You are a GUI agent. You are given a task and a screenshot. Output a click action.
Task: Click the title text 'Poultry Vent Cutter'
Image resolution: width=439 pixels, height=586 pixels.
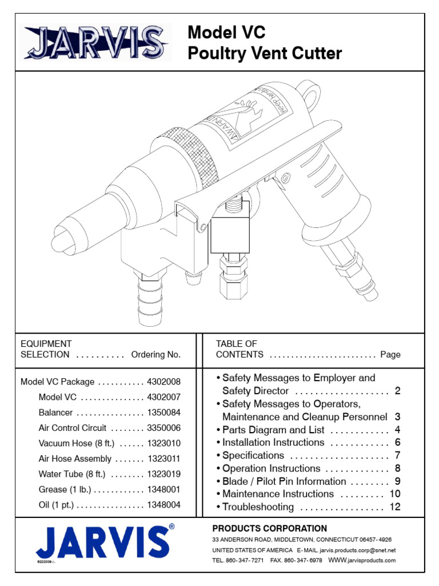point(265,54)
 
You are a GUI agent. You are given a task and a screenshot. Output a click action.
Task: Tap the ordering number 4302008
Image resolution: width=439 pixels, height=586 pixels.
point(163,382)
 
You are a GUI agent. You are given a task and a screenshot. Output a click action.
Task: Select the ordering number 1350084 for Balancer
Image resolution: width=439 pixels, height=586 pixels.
point(163,413)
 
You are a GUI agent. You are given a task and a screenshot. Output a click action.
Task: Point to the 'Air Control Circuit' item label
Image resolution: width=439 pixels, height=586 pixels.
point(73,427)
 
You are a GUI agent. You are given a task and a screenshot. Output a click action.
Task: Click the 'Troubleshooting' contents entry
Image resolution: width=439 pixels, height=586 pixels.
point(258,507)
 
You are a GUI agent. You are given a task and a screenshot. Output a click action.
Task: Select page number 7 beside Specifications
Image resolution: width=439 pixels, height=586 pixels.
point(397,456)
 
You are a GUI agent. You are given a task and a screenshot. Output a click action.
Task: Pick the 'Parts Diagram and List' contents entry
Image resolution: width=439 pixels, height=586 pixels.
point(273,430)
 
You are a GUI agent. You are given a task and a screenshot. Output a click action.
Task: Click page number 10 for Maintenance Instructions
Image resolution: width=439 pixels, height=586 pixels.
point(395,494)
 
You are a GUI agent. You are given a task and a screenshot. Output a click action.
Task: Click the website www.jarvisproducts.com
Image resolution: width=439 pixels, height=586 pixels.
point(361,560)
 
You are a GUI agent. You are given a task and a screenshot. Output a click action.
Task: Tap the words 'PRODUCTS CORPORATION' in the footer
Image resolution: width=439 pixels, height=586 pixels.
point(270,529)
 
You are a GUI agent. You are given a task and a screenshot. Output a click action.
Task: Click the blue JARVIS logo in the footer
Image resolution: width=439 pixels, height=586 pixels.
point(102,541)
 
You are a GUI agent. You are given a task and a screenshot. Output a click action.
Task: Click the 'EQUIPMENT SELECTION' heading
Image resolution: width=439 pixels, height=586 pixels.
point(46,349)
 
